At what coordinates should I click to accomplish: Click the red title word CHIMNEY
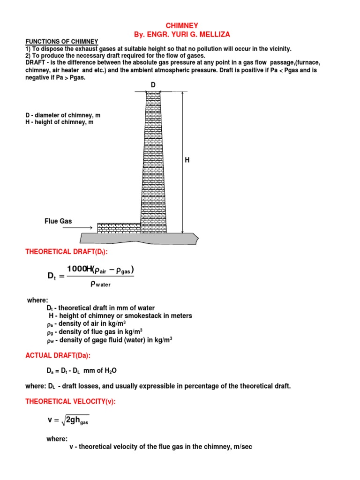[182, 26]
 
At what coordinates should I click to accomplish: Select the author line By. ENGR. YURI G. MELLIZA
[182, 35]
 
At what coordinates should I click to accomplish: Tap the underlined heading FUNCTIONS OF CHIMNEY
[61, 42]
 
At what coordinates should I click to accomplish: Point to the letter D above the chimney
[153, 84]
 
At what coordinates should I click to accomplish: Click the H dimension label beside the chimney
[187, 160]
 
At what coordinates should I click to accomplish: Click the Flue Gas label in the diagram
[58, 221]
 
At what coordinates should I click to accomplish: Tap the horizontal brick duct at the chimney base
[119, 228]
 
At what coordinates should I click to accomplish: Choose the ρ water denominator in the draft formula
[100, 284]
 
